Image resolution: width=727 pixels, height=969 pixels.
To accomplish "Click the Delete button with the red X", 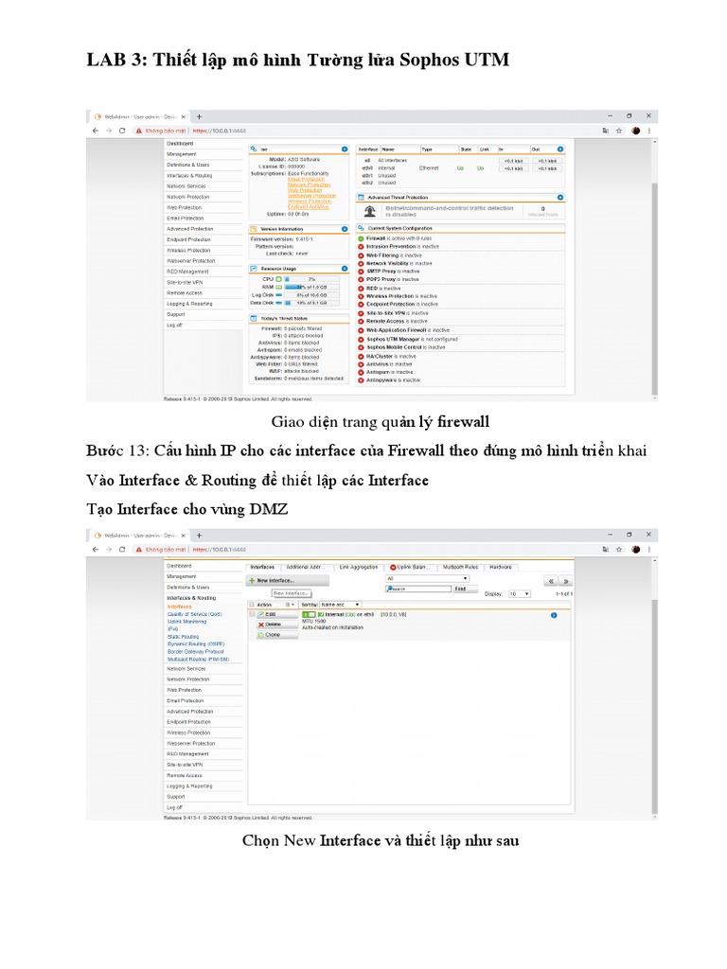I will pos(272,625).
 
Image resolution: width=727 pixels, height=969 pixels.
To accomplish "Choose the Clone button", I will pos(272,635).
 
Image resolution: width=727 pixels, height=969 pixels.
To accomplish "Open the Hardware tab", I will pos(500,567).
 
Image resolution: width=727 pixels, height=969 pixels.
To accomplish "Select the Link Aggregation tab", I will pos(358,567).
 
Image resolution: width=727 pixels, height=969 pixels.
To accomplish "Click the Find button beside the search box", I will pos(460,589).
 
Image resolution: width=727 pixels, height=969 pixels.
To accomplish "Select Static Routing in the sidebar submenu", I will pos(183,637).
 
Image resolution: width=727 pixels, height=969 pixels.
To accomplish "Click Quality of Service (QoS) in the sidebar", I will pos(195,613).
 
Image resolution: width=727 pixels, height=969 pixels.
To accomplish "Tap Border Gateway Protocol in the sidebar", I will pos(195,652).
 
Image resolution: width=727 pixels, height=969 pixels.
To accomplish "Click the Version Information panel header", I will pos(281,229).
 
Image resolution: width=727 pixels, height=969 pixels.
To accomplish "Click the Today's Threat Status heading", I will pos(284,319).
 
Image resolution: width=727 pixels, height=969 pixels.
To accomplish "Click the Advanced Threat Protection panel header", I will pos(404,197).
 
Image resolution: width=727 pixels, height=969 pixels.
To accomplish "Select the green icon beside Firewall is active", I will pos(361,238).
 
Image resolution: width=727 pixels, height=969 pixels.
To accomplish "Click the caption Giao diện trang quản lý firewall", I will pos(380,421).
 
